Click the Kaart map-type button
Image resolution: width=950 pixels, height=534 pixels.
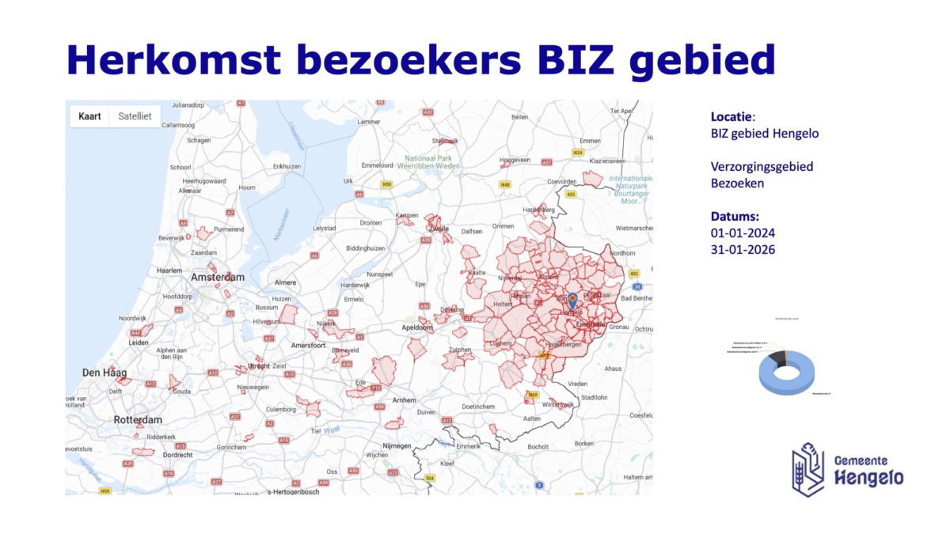pyautogui.click(x=89, y=116)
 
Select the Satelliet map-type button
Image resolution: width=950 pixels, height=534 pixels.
pyautogui.click(x=135, y=116)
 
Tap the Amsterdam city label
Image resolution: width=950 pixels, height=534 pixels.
pyautogui.click(x=218, y=278)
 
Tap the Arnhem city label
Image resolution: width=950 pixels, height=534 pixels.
pyautogui.click(x=404, y=400)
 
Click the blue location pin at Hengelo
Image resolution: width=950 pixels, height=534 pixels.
pyautogui.click(x=572, y=301)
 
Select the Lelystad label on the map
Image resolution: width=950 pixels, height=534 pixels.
pyautogui.click(x=325, y=228)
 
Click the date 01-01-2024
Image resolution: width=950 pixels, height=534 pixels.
pyautogui.click(x=743, y=233)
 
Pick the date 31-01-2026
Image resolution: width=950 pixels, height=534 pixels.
pyautogui.click(x=743, y=250)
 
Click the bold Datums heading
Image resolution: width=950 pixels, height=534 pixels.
pyautogui.click(x=735, y=216)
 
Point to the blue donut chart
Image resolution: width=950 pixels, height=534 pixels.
pyautogui.click(x=788, y=373)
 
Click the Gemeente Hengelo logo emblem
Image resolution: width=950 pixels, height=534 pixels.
pyautogui.click(x=808, y=468)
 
